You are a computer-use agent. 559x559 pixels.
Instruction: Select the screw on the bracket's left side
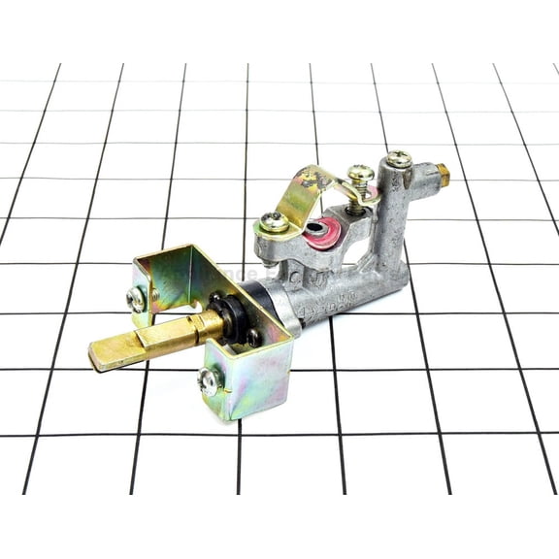click(x=138, y=298)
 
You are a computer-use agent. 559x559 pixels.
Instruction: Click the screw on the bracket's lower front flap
click(x=208, y=381)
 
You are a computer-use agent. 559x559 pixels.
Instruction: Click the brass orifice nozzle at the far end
click(x=444, y=176)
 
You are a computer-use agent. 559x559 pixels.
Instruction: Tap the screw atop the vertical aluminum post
click(x=398, y=159)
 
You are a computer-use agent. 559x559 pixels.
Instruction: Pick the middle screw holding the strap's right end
click(x=360, y=176)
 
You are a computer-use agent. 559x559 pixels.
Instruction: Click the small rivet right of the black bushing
click(x=254, y=337)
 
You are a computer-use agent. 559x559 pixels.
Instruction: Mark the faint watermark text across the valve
click(x=281, y=278)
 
